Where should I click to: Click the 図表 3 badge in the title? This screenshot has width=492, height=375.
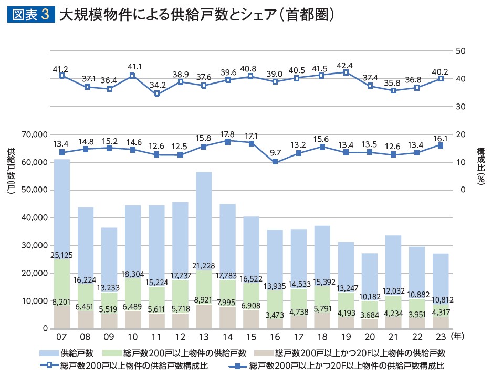point(31,15)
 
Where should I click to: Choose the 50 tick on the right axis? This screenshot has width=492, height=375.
point(460,51)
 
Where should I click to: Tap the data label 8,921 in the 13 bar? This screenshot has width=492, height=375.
point(204,299)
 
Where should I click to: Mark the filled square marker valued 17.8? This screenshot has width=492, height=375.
point(227,141)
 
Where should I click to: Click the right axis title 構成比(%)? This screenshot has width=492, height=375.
point(480,165)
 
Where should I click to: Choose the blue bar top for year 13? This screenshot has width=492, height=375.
point(204,173)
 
